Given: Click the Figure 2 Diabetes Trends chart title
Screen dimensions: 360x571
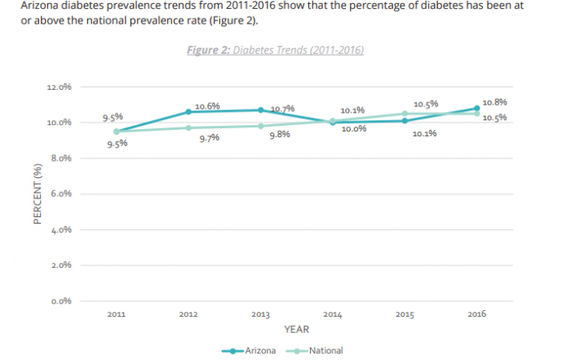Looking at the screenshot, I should (x=275, y=51).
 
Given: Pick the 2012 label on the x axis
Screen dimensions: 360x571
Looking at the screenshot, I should (x=188, y=313).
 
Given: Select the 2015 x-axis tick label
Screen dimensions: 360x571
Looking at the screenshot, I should (x=405, y=313).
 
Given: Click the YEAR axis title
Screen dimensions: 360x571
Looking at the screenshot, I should (x=296, y=330).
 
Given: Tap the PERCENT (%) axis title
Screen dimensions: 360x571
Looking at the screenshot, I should (x=38, y=194).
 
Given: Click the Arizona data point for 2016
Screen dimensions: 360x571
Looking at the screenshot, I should (x=476, y=108).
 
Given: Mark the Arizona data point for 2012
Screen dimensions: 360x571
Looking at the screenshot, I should (x=188, y=112).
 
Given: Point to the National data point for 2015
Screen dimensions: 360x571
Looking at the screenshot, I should (x=405, y=113).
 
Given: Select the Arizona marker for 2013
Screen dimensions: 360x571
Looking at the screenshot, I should (x=261, y=110).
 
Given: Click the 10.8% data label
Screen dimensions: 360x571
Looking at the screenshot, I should (x=494, y=103).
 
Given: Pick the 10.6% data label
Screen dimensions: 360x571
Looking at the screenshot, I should (x=207, y=106).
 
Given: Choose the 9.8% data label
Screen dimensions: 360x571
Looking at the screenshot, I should (x=280, y=135).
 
